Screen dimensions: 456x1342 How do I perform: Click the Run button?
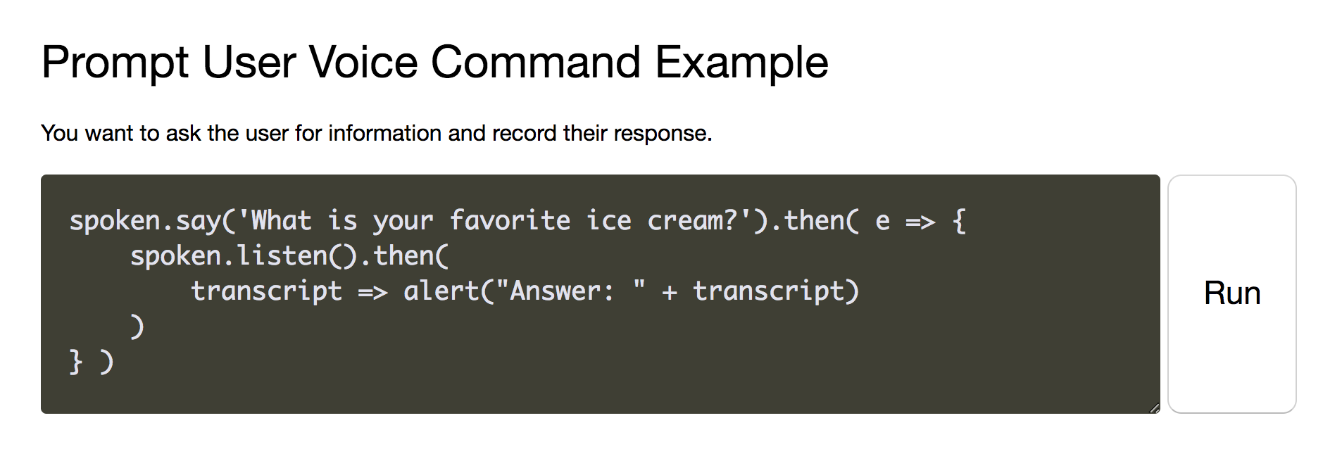pyautogui.click(x=1231, y=293)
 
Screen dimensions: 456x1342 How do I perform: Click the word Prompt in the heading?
pyautogui.click(x=115, y=63)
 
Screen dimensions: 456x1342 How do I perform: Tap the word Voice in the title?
pyautogui.click(x=363, y=62)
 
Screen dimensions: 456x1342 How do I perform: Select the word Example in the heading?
pyautogui.click(x=741, y=63)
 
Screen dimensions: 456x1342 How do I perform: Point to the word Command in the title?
pyautogui.click(x=535, y=62)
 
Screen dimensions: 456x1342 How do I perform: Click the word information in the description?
pyautogui.click(x=385, y=133)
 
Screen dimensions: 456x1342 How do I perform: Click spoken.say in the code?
pyautogui.click(x=145, y=221)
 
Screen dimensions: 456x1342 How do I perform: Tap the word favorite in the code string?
pyautogui.click(x=510, y=221)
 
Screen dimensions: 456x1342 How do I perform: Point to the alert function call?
pyautogui.click(x=441, y=291)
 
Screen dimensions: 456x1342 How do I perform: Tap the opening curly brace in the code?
pyautogui.click(x=958, y=221)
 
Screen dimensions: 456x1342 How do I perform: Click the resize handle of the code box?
pyautogui.click(x=1153, y=407)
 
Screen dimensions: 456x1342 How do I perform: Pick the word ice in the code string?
pyautogui.click(x=608, y=221)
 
